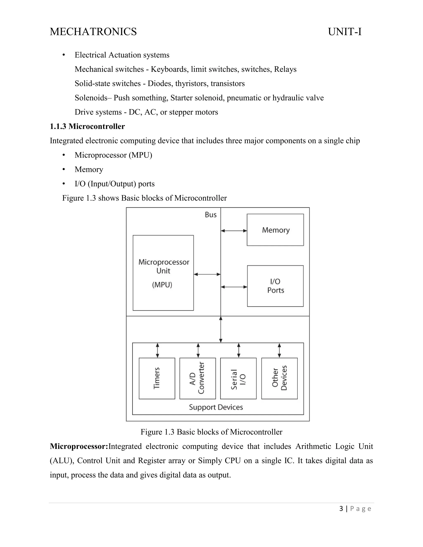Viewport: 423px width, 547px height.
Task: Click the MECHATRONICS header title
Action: click(x=93, y=32)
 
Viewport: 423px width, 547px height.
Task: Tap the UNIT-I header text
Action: click(x=345, y=32)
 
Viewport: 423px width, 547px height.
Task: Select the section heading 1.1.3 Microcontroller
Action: click(x=87, y=127)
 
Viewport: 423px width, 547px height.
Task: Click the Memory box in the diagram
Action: click(x=275, y=230)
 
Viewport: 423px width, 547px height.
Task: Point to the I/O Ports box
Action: click(x=275, y=286)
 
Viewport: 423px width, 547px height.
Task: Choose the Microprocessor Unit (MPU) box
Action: click(x=163, y=273)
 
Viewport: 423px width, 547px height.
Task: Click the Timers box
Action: click(x=157, y=378)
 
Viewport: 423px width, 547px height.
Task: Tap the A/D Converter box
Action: click(x=197, y=378)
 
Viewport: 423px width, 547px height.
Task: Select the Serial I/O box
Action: click(x=238, y=378)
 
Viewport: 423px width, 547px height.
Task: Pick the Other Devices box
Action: click(x=279, y=378)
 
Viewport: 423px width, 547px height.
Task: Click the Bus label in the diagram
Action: click(x=210, y=215)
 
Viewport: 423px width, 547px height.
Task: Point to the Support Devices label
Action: click(x=216, y=407)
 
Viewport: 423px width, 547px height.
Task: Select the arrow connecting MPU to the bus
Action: click(x=207, y=274)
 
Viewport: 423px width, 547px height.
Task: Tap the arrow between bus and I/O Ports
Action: click(x=234, y=287)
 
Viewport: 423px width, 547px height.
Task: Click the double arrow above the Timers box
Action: click(x=157, y=350)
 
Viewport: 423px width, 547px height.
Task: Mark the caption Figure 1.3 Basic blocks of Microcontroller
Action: click(x=211, y=432)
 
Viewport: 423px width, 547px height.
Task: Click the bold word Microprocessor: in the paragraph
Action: click(x=79, y=446)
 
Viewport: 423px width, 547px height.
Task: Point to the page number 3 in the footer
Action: click(x=341, y=509)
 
